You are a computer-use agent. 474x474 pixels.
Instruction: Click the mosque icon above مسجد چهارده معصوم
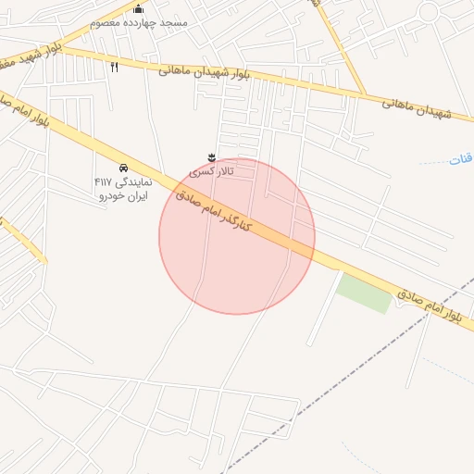[139, 8]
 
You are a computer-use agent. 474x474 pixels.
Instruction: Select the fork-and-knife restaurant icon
[115, 67]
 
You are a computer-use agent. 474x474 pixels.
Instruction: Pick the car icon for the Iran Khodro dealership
[123, 167]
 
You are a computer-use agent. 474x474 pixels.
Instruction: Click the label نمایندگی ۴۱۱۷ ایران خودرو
[121, 189]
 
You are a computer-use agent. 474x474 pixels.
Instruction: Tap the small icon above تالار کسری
[212, 156]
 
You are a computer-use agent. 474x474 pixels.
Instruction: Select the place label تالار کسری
[212, 171]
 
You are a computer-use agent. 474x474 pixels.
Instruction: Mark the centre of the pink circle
[237, 237]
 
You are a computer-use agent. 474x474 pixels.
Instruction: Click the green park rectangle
[364, 292]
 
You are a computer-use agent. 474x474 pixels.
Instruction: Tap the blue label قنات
[460, 159]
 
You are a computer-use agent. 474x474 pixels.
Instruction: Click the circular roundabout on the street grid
[428, 12]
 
